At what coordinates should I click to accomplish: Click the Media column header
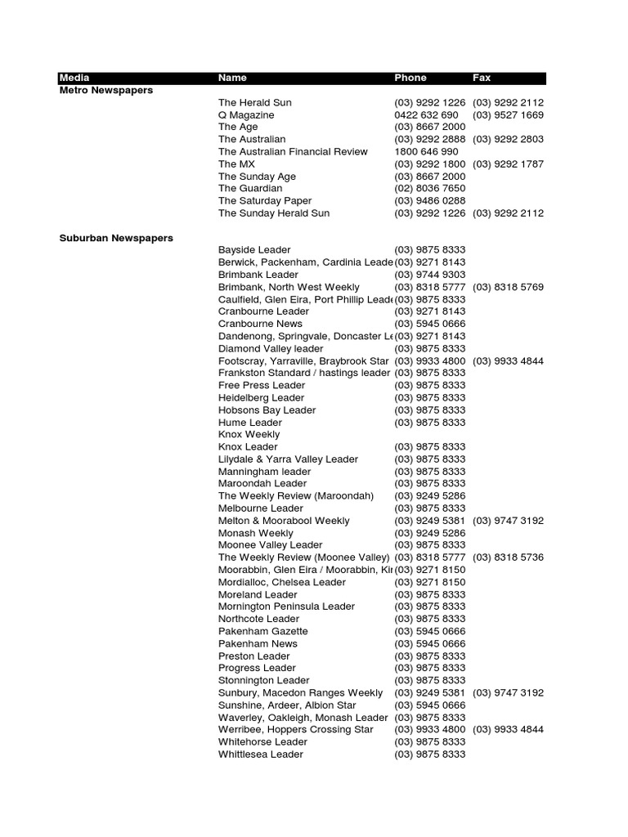[74, 78]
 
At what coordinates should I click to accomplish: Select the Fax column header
[482, 78]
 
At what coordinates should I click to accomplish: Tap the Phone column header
[410, 78]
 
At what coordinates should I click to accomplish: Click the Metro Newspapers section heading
[106, 91]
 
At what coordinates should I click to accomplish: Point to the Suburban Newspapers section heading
[116, 238]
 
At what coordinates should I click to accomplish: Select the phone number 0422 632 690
[426, 115]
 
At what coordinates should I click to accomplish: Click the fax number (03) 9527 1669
[508, 115]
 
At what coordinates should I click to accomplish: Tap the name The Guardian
[250, 189]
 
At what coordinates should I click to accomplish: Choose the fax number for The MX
[508, 164]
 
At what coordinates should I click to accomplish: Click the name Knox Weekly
[249, 435]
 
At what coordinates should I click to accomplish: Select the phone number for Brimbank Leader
[430, 275]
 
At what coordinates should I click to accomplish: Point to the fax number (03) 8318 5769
[508, 288]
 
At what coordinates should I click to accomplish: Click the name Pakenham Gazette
[263, 632]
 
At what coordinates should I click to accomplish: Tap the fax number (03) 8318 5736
[508, 557]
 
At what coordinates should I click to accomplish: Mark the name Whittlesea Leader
[261, 754]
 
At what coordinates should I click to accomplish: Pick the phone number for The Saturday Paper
[430, 201]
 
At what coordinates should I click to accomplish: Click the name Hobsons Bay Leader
[267, 410]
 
